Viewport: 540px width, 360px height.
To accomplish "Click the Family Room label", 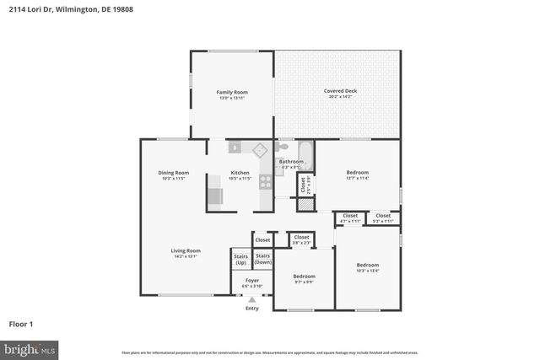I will pyautogui.click(x=231, y=92).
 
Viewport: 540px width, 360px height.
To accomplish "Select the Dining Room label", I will pyautogui.click(x=172, y=173).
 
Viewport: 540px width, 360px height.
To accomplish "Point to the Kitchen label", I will pyautogui.click(x=240, y=173).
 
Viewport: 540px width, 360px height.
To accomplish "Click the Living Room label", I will pyautogui.click(x=186, y=250).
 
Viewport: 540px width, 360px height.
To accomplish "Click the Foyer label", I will pyautogui.click(x=252, y=280).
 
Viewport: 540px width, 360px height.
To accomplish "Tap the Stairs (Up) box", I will pyautogui.click(x=240, y=259).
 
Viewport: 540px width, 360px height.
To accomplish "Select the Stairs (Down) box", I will pyautogui.click(x=263, y=259).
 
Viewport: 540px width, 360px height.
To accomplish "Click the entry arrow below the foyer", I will pyautogui.click(x=251, y=299).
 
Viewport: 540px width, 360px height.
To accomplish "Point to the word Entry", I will pyautogui.click(x=252, y=309).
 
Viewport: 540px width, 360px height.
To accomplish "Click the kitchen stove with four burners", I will pyautogui.click(x=265, y=180).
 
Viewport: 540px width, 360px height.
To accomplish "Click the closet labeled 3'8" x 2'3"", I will pyautogui.click(x=301, y=239).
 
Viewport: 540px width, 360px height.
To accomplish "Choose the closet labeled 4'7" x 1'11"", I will pyautogui.click(x=350, y=218).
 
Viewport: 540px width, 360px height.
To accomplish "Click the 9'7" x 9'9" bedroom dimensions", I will pyautogui.click(x=304, y=282).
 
